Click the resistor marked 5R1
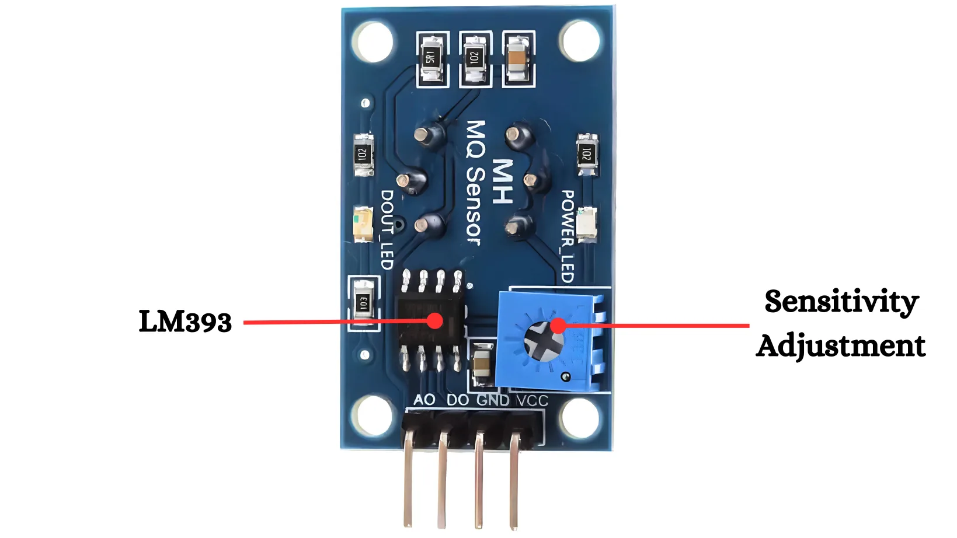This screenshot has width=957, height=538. pyautogui.click(x=431, y=58)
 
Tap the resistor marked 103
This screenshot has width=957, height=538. pyautogui.click(x=363, y=303)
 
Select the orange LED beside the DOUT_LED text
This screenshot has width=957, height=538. pyautogui.click(x=363, y=224)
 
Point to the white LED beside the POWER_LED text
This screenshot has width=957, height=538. pyautogui.click(x=586, y=224)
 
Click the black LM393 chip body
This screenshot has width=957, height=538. pyautogui.click(x=431, y=322)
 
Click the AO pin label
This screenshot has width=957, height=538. pyautogui.click(x=424, y=400)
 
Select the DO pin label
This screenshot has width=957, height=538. pyautogui.click(x=458, y=400)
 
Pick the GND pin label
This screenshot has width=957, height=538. pyautogui.click(x=493, y=400)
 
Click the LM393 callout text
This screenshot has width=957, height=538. pyautogui.click(x=185, y=322)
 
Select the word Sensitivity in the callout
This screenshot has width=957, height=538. pyautogui.click(x=841, y=302)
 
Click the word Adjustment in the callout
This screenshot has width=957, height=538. pyautogui.click(x=841, y=345)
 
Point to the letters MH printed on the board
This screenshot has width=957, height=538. pyautogui.click(x=502, y=181)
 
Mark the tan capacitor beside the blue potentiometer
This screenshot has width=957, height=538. pyautogui.click(x=482, y=365)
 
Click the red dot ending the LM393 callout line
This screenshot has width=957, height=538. pyautogui.click(x=434, y=320)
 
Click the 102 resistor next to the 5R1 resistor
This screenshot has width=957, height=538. pyautogui.click(x=474, y=58)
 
